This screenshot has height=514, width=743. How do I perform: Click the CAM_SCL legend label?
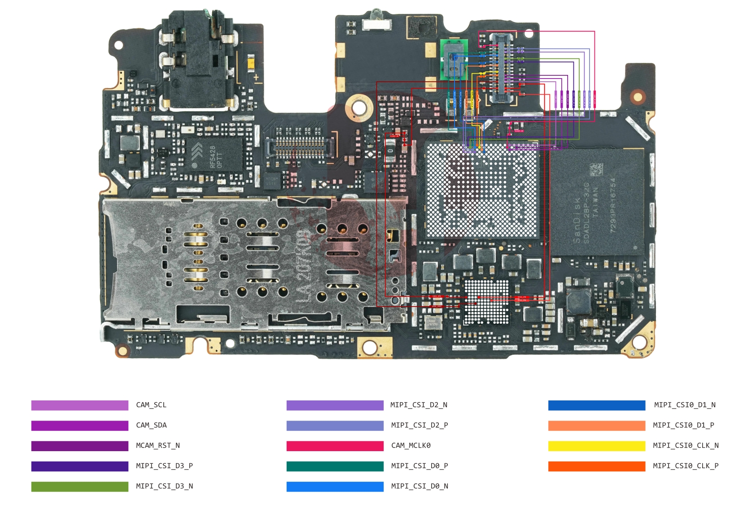click(151, 405)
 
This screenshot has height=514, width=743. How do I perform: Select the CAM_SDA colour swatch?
click(80, 426)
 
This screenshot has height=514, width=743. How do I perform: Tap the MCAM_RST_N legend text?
click(158, 446)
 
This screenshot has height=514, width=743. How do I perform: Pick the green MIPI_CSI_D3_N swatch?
click(80, 487)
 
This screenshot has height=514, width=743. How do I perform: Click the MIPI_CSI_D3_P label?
click(164, 466)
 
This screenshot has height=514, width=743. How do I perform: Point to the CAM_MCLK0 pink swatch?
click(335, 446)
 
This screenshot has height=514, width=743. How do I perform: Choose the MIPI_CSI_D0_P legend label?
click(420, 466)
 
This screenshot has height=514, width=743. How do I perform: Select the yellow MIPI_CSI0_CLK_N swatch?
click(597, 446)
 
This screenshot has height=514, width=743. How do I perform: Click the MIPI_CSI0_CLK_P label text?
click(686, 466)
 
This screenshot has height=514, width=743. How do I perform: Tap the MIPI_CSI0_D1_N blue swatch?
click(597, 405)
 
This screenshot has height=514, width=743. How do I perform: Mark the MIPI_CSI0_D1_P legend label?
click(683, 425)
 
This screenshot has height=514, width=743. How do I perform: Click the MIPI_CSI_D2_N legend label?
click(419, 405)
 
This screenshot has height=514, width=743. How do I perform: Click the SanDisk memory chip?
click(597, 202)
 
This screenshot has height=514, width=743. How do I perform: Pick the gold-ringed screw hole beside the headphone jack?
click(359, 107)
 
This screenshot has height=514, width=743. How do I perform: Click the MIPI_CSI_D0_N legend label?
click(420, 486)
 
